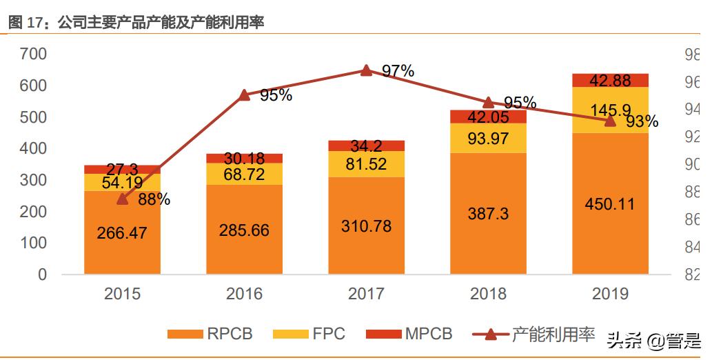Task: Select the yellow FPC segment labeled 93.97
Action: pos(488,139)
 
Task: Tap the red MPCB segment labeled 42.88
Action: pos(610,80)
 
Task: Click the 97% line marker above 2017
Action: pos(367,70)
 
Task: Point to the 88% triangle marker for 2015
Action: pos(123,199)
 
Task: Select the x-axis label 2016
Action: pos(244,294)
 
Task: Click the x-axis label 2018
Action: pos(488,294)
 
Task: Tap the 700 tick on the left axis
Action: pos(33,54)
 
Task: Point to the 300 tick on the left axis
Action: pos(33,180)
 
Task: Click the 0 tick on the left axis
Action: pos(42,274)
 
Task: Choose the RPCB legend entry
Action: pos(210,334)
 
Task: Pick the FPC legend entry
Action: pos(309,334)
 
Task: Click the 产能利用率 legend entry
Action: pos(534,334)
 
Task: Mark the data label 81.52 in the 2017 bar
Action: pos(366,164)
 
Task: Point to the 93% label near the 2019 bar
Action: pos(642,122)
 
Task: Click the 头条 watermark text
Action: pos(624,339)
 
